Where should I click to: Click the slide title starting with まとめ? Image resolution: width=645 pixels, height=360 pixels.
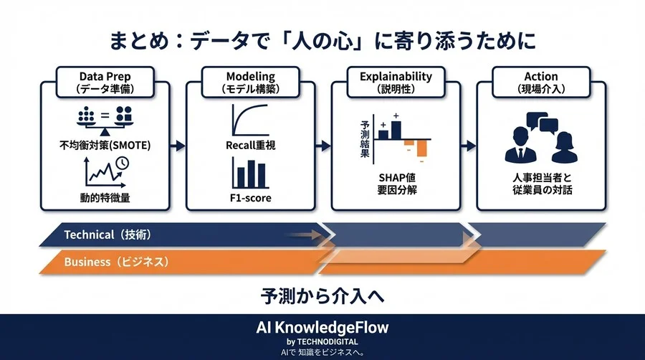pos(322,39)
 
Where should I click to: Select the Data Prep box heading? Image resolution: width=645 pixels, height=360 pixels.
pos(106,82)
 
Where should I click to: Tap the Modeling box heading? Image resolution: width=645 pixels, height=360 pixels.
pos(251,82)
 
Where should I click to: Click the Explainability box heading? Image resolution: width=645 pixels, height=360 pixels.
pos(396,82)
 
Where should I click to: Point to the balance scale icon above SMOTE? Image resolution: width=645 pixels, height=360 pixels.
pos(105,120)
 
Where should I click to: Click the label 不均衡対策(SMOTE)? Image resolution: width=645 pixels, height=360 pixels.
pos(105,145)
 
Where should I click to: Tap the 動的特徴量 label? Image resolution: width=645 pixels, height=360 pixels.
pos(105,198)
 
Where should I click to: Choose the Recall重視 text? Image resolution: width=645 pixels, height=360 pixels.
pos(251,146)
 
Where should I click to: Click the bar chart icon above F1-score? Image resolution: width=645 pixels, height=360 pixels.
pos(251,174)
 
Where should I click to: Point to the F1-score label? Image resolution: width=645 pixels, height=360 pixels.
pos(251,198)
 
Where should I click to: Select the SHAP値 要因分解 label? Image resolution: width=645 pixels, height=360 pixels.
pos(396,184)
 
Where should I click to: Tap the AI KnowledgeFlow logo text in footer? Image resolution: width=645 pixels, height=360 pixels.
pos(322,328)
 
